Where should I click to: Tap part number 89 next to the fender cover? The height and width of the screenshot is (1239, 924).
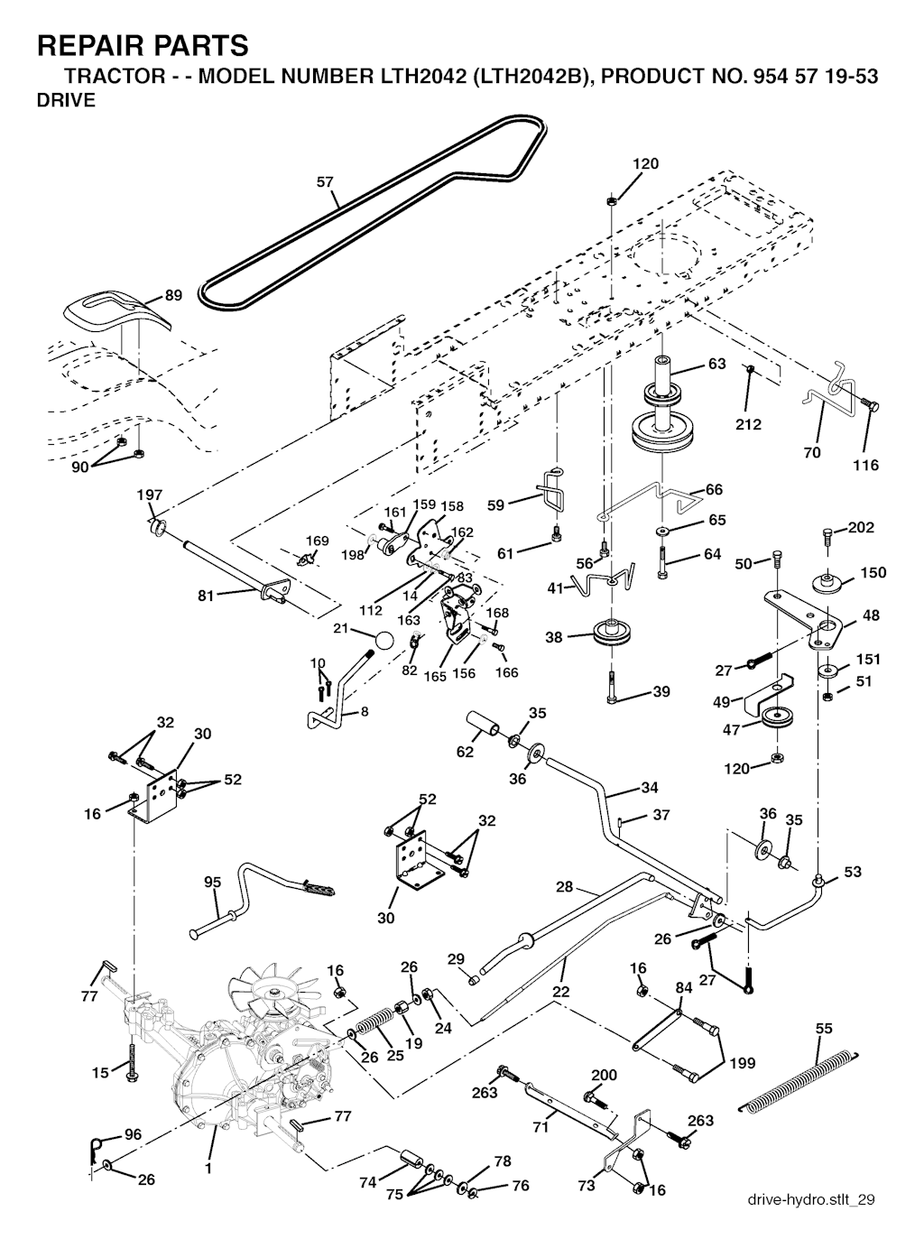[x=173, y=296]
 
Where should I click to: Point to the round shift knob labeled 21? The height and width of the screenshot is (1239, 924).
[x=384, y=640]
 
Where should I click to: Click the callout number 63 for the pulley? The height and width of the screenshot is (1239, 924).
[x=716, y=365]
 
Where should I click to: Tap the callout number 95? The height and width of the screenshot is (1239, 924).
[x=212, y=882]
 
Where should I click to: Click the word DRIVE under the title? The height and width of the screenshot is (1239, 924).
[x=66, y=100]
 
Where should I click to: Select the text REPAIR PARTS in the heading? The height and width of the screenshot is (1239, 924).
[x=143, y=44]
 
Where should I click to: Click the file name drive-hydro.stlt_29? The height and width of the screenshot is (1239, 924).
[x=811, y=1199]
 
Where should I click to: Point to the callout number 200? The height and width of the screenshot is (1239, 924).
[x=604, y=1075]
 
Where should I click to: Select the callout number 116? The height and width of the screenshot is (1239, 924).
[x=865, y=466]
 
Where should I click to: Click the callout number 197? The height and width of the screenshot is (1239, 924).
[x=150, y=495]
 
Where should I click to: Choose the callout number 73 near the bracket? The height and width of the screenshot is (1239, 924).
[x=587, y=1186]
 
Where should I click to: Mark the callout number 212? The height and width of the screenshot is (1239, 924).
[x=748, y=424]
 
